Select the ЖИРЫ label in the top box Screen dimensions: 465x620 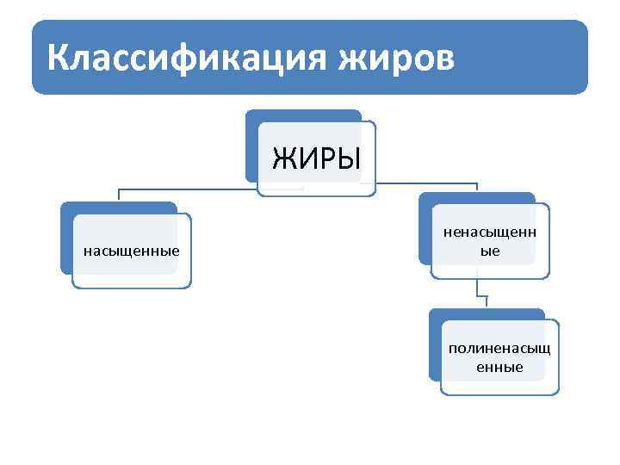[x=316, y=158]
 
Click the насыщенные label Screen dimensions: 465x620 [x=131, y=251]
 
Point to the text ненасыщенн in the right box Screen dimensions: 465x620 [x=489, y=232]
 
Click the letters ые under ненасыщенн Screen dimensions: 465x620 [x=489, y=251]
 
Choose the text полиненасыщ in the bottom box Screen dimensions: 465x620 [x=499, y=349]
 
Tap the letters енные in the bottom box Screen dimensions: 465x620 [x=499, y=368]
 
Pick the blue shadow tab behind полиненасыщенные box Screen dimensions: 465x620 [x=434, y=344]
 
